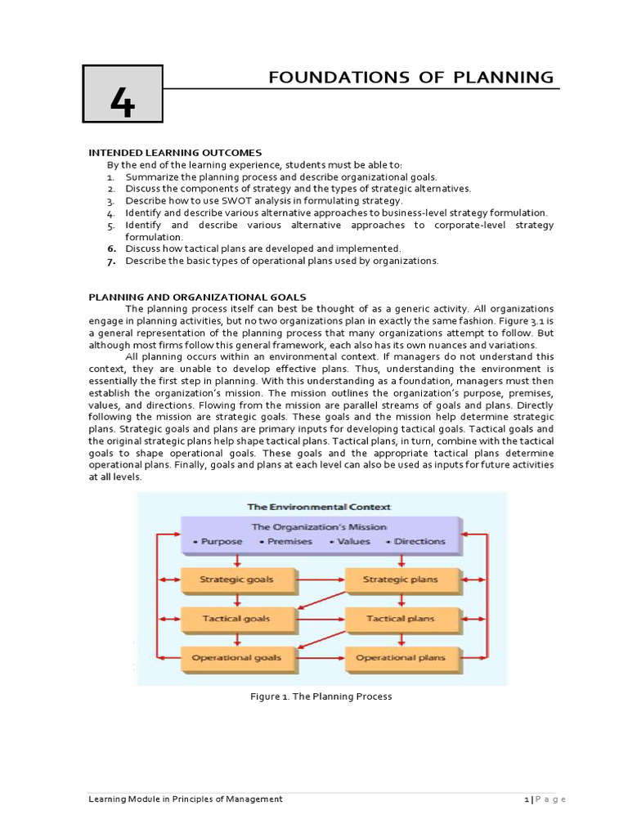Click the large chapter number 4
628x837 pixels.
[122, 103]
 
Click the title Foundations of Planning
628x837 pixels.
[411, 78]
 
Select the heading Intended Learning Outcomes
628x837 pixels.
[175, 153]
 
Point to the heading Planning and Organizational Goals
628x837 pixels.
[197, 297]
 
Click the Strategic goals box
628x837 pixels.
[236, 580]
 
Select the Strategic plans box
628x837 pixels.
[400, 580]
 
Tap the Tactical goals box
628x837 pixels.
[236, 619]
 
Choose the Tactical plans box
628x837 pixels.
[400, 619]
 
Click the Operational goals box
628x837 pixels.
[236, 657]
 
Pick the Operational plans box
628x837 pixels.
[400, 657]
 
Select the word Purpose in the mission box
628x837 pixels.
[219, 541]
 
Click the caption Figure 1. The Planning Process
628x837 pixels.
[321, 696]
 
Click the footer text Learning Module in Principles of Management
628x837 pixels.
[186, 799]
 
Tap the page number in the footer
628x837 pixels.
[529, 799]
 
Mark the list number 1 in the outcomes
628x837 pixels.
[110, 177]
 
